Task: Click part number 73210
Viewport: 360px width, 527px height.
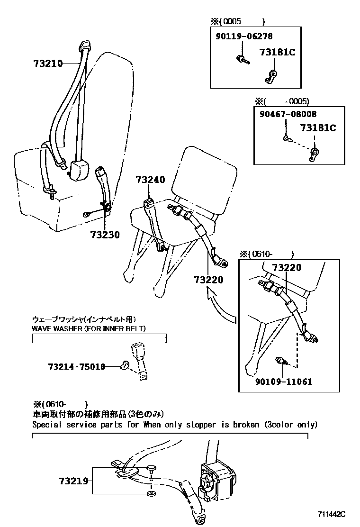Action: (x=48, y=63)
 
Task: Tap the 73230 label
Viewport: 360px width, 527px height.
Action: (x=105, y=234)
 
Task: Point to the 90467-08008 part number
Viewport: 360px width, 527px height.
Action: (x=288, y=114)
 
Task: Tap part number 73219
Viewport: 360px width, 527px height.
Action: (x=74, y=481)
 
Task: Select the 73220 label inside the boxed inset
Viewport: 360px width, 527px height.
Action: (x=286, y=268)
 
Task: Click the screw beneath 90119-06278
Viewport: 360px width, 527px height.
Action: (x=241, y=59)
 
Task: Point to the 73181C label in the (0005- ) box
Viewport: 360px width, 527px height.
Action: (x=277, y=53)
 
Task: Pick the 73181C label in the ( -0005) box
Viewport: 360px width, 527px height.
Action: (x=317, y=128)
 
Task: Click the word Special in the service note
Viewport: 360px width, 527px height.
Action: (x=47, y=425)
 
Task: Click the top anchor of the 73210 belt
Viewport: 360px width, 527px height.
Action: (x=85, y=45)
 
